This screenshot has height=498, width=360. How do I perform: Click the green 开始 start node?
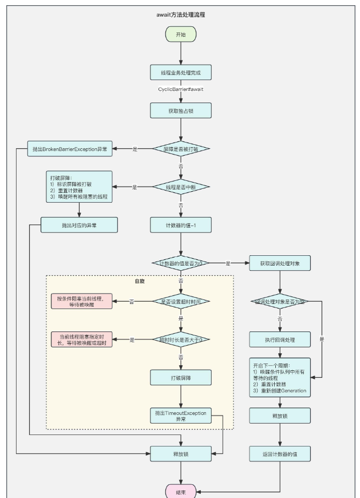tap(181, 34)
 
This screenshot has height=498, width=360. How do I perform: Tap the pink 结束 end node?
tap(181, 491)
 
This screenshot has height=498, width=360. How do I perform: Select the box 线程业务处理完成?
tap(181, 73)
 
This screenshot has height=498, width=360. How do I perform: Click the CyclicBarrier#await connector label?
tap(181, 90)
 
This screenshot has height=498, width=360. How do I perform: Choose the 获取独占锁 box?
tap(181, 110)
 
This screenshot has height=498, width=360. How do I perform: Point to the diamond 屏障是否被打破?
tap(181, 149)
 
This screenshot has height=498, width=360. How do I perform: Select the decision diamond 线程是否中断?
tap(181, 187)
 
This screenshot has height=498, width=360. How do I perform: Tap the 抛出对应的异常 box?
tap(79, 224)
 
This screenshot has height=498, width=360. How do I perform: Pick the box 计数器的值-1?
tap(181, 224)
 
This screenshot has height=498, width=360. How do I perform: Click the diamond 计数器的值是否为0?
tap(181, 263)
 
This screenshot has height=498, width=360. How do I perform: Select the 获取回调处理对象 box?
tap(280, 263)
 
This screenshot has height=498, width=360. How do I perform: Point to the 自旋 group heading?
tap(140, 282)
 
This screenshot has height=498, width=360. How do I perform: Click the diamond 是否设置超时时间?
tap(181, 301)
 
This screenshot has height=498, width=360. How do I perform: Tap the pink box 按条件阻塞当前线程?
tap(81, 301)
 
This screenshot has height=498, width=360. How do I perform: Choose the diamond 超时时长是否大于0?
tap(181, 339)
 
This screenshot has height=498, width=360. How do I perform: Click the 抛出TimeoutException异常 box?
tap(181, 415)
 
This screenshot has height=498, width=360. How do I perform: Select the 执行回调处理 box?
tap(280, 339)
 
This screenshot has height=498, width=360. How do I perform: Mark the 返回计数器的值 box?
tap(280, 454)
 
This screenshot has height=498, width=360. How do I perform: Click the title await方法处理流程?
tap(181, 14)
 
